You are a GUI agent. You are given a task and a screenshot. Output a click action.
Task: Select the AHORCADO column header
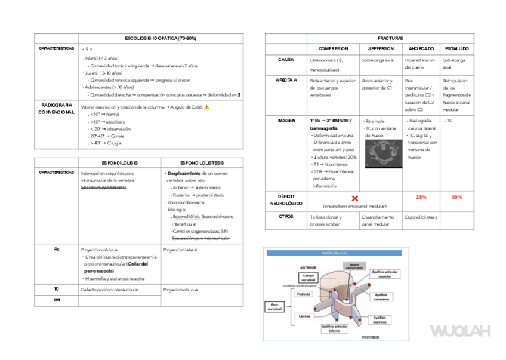click(421, 48)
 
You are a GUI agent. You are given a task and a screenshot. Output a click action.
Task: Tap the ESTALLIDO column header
click(456, 48)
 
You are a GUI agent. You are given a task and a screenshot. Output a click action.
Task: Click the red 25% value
click(421, 197)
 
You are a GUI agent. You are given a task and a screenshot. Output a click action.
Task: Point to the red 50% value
click(456, 197)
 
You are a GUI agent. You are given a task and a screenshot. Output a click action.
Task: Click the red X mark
click(354, 197)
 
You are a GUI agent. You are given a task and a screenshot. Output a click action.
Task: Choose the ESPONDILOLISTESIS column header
click(202, 162)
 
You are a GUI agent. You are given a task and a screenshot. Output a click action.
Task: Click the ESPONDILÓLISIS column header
click(119, 162)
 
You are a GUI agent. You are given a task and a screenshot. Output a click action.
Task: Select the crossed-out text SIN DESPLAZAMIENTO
click(104, 187)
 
